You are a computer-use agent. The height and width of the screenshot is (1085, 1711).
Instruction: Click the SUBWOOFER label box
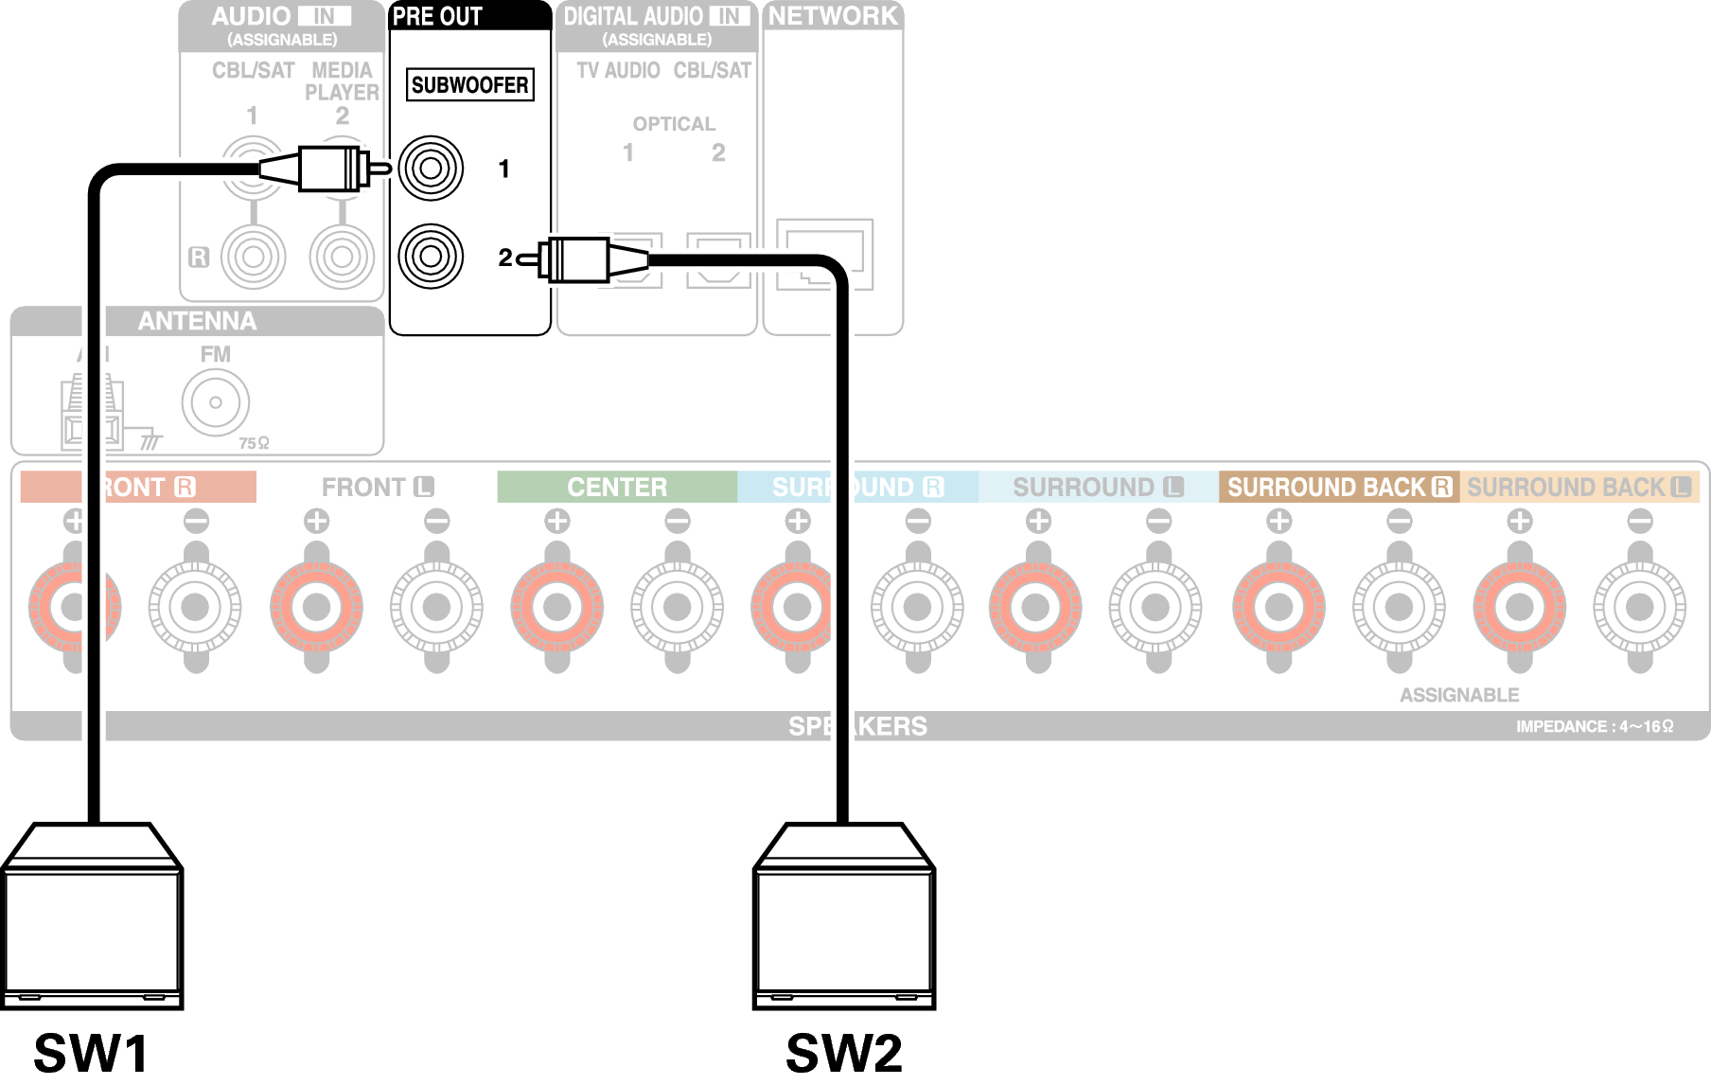coord(470,85)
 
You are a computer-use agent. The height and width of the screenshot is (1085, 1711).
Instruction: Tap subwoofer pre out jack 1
coord(431,169)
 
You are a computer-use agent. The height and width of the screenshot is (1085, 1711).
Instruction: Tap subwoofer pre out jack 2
coord(431,257)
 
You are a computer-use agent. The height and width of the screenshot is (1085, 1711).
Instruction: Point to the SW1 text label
coord(91,1053)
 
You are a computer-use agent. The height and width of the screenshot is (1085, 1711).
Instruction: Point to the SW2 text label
coord(844,1053)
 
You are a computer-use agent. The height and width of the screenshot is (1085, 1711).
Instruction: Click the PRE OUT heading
coord(437,16)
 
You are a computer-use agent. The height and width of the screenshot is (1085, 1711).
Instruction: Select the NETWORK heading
coord(833,16)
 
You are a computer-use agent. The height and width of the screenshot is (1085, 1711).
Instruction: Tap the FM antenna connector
coord(216,402)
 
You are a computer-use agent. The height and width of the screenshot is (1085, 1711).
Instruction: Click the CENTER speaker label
coord(617,487)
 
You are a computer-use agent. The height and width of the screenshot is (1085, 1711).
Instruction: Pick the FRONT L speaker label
coord(377,487)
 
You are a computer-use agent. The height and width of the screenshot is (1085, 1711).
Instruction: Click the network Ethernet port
coord(824,254)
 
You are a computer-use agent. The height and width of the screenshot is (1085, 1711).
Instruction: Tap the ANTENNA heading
coord(197,321)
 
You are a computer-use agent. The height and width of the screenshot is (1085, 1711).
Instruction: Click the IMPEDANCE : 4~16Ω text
coord(1595,726)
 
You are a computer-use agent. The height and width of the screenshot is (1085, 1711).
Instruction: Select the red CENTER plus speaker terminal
coord(557,607)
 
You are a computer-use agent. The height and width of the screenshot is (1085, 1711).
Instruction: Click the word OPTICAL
coord(674,124)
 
